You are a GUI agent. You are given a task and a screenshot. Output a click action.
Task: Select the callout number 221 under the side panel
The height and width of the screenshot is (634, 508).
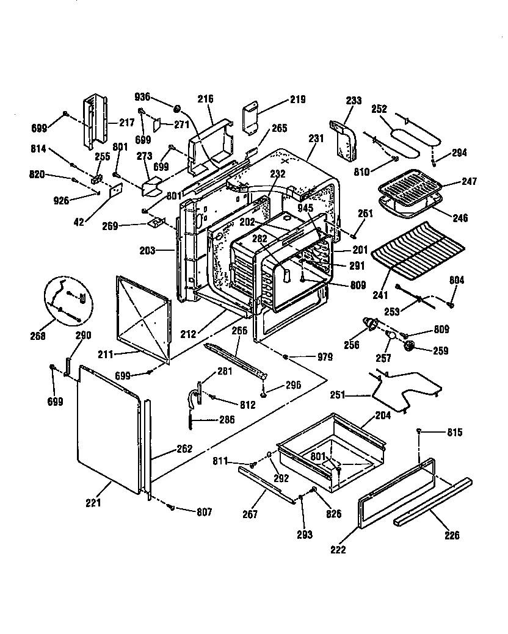(93, 503)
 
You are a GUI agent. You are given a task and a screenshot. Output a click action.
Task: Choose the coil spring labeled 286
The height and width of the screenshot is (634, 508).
(193, 419)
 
